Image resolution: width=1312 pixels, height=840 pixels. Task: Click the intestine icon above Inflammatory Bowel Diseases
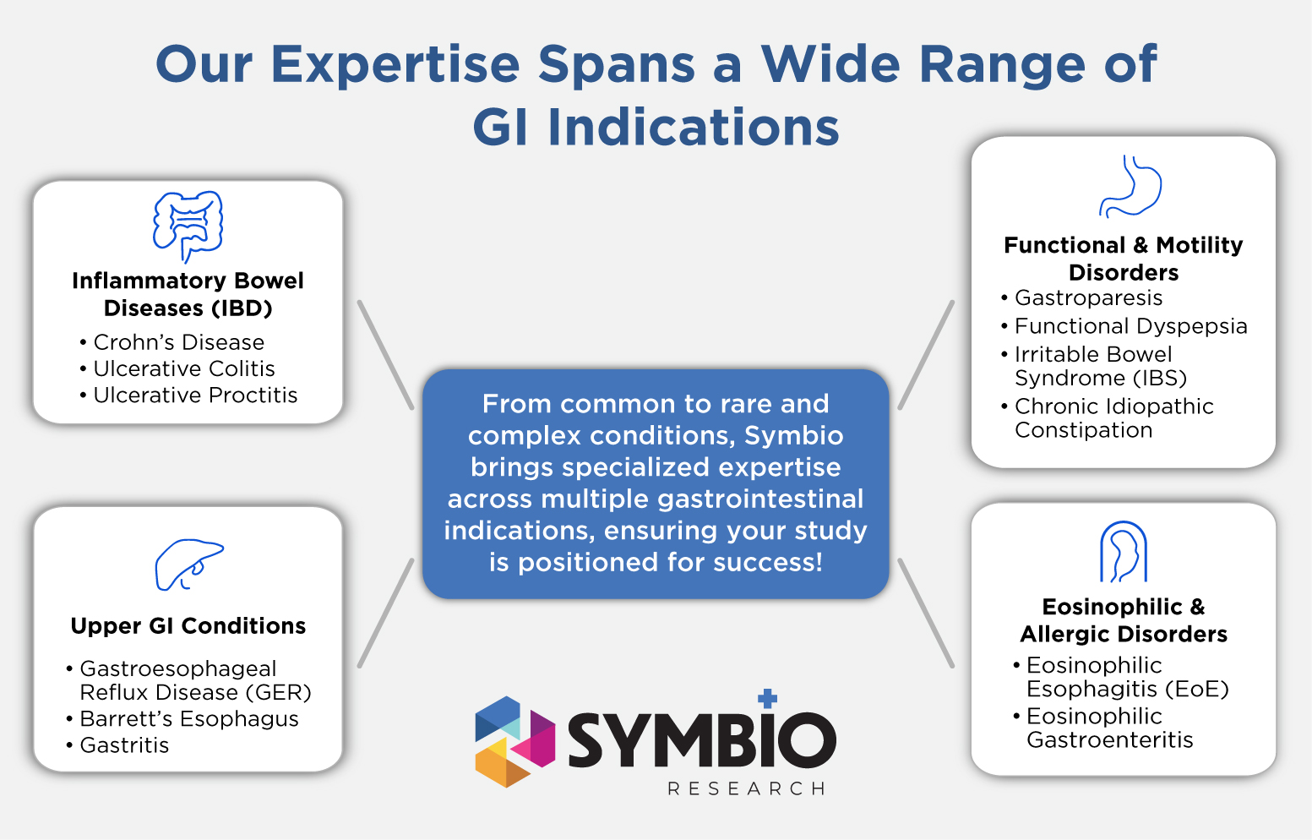(x=188, y=226)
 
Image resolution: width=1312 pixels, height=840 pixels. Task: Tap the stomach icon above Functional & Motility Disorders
(x=1130, y=186)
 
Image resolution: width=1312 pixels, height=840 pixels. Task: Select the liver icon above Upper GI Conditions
(x=189, y=565)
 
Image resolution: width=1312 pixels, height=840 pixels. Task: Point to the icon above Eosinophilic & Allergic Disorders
(x=1124, y=551)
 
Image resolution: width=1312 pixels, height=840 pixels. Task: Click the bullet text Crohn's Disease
(x=178, y=342)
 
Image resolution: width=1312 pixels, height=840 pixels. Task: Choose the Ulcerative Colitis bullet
(x=184, y=368)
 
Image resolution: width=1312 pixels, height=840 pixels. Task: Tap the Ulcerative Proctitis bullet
(x=195, y=395)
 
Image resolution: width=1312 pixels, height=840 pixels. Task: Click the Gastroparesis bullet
(x=1088, y=298)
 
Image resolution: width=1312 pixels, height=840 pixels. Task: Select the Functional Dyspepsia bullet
(x=1131, y=326)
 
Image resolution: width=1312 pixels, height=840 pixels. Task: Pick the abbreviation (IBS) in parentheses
(x=1160, y=378)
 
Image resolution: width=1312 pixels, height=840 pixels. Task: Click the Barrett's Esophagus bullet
(x=189, y=719)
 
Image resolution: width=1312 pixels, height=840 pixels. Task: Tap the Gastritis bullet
(x=124, y=745)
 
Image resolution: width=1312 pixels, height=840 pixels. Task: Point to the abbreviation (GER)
(x=278, y=692)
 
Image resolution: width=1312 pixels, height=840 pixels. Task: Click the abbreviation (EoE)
(x=1196, y=689)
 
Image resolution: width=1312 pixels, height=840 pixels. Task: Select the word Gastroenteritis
(x=1109, y=739)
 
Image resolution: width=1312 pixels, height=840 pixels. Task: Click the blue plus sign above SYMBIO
(x=767, y=698)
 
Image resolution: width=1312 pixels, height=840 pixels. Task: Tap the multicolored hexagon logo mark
(x=514, y=742)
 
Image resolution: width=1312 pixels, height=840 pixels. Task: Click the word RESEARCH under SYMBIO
(x=747, y=788)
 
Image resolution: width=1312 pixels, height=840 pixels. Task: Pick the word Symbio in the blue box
(x=793, y=436)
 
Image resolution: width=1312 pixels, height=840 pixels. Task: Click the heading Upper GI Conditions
(x=188, y=625)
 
